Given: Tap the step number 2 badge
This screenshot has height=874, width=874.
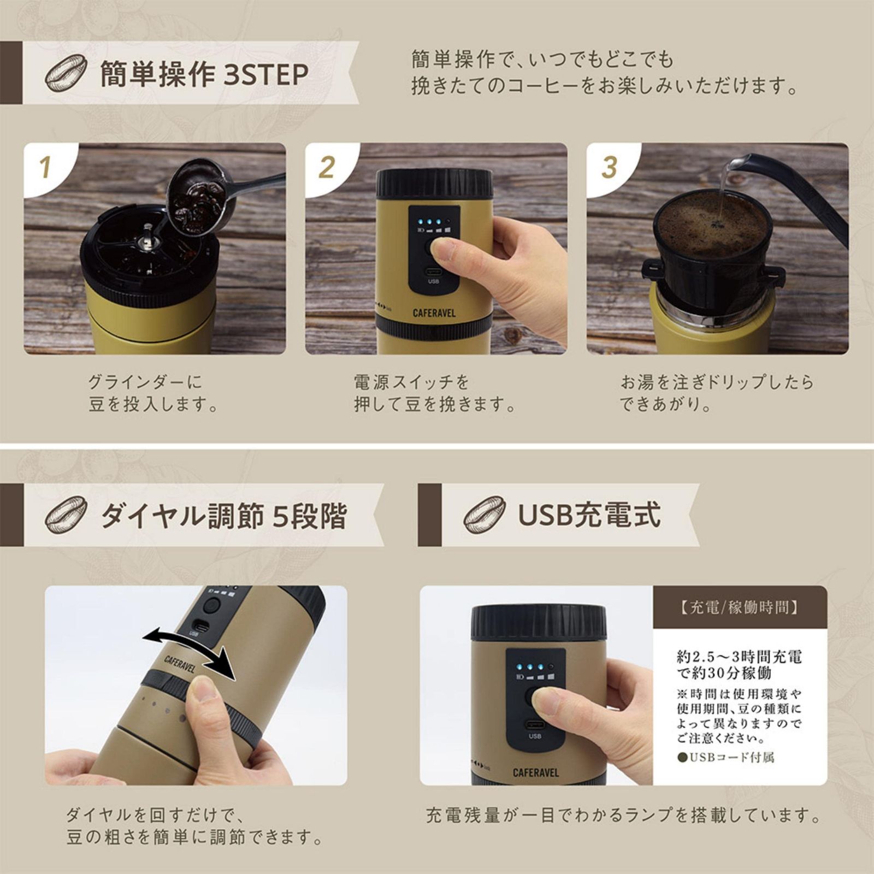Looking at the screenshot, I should pos(327,167).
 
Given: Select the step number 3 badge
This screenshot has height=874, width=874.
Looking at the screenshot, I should pos(609,167).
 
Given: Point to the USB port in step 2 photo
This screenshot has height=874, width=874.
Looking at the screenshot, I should pos(433,271).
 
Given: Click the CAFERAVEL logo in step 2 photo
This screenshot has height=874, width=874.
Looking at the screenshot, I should pos(434,314).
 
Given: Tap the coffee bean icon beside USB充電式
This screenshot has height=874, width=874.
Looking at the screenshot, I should pos(484,515).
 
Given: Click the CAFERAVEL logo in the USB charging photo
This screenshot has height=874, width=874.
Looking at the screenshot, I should pos(535,772).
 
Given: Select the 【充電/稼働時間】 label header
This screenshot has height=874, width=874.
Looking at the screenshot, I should pos(740,607).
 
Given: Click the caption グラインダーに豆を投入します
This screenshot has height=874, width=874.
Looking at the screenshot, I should pos(153,393).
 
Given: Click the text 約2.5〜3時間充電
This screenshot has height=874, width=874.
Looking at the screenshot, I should pos(739,656).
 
